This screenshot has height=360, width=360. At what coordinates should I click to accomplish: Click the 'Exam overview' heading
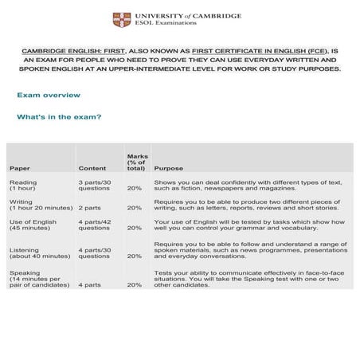(x=49, y=96)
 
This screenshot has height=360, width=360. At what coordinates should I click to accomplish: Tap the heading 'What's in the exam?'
(x=59, y=117)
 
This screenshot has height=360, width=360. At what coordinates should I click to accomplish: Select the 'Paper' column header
(x=20, y=169)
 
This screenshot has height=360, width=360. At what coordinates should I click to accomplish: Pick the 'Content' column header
(x=92, y=169)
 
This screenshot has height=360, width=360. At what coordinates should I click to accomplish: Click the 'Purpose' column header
(x=169, y=169)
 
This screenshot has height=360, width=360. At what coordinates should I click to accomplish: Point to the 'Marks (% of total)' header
(x=136, y=162)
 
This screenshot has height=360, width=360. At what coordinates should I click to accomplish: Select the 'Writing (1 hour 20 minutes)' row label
(x=40, y=207)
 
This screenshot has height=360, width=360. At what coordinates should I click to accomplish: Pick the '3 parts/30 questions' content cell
(x=95, y=186)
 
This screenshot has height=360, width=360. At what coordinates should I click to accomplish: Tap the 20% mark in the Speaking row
(x=135, y=284)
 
